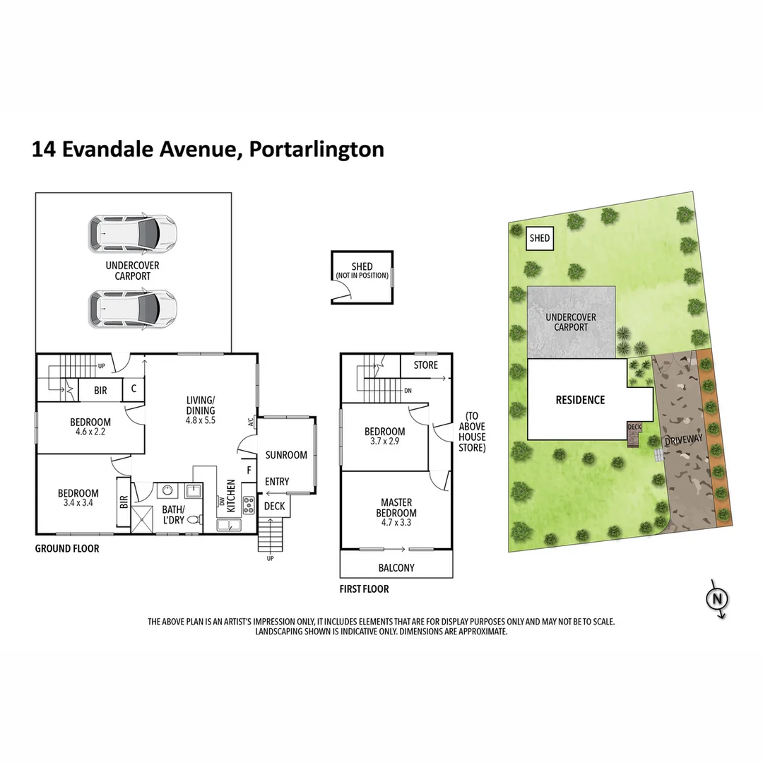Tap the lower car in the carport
pos(133,307)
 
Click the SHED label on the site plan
pos(540,238)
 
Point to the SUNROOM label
pos(286,455)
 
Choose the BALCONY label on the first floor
pos(396,567)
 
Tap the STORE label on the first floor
pos(425,365)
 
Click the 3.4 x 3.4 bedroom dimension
pos(78,503)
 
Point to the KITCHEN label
pos(231,496)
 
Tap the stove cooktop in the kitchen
pos(249,505)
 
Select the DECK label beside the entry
pos(274,506)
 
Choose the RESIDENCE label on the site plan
pos(580,400)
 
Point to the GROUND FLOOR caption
pos(67,548)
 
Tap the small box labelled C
pos(134,389)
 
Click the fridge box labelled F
pos(248,469)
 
